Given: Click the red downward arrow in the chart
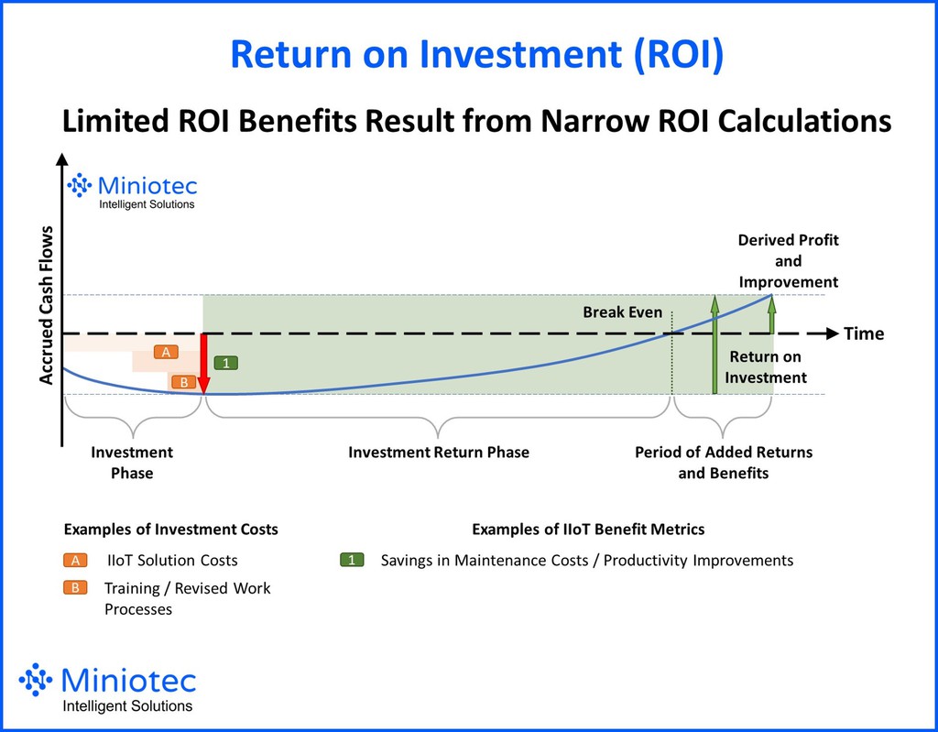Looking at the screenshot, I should pos(203,364).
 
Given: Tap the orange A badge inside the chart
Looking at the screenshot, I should pos(166,352).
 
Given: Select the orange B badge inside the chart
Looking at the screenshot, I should pos(182,382).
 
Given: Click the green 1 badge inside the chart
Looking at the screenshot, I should pos(225,363).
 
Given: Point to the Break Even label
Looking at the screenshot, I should pos(622,312).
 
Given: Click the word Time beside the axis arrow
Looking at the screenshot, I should pos(864,333).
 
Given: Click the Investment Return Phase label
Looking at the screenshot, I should pos(439,452).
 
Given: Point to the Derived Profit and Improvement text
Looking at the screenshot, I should pos(788,261).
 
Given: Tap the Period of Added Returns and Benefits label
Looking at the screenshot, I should pos(724,463).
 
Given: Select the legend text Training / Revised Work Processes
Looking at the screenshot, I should pos(187,598).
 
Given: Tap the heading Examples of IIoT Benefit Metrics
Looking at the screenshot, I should pos(588,530).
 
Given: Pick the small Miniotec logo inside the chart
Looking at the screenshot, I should pos(132,191).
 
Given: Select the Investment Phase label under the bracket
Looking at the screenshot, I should pos(132,463).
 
